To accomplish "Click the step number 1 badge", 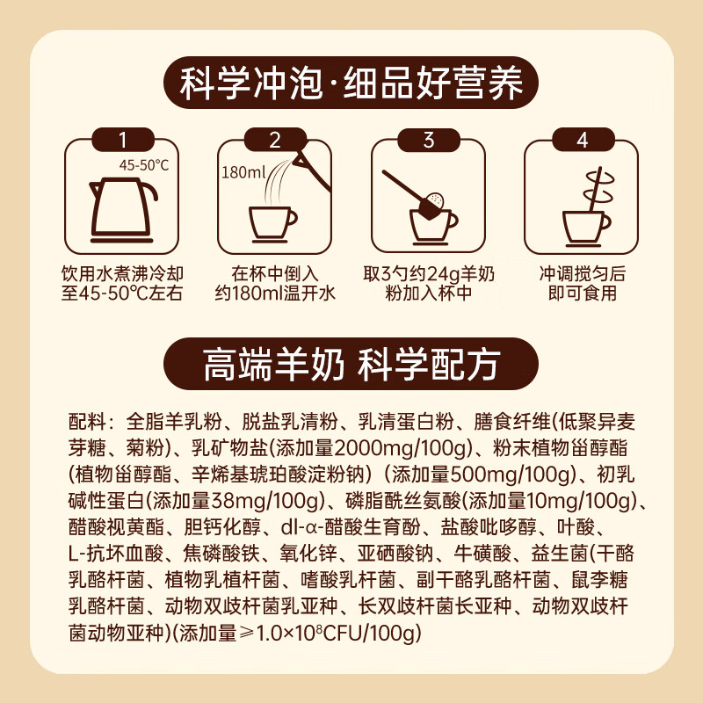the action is [123, 140].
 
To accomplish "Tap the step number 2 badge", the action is [275, 140].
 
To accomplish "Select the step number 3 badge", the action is [429, 140].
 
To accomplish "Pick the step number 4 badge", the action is [583, 140].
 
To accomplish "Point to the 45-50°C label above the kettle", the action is [144, 165].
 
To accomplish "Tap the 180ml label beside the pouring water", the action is [243, 171].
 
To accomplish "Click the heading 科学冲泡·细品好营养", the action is [351, 83].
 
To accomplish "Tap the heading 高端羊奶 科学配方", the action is [351, 364].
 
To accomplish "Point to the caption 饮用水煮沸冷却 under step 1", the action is [122, 273].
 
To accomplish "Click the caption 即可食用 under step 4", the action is [583, 294].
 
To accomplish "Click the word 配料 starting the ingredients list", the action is [87, 422].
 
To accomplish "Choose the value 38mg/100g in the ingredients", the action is [266, 501].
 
